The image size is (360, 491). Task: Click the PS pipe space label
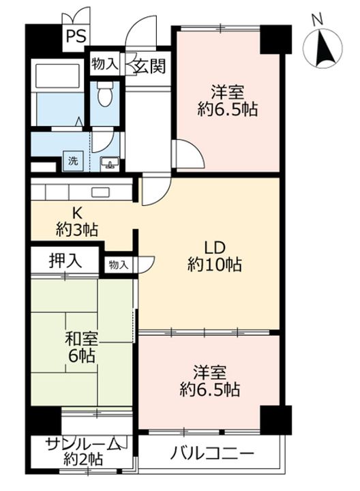[76, 36]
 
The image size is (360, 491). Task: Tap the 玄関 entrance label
[149, 66]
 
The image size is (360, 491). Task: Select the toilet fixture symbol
[104, 93]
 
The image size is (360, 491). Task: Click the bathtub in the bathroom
[57, 76]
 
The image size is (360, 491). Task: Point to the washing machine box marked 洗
[73, 161]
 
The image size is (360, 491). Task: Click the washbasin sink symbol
[110, 163]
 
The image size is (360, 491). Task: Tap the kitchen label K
[77, 213]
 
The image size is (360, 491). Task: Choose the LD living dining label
[215, 248]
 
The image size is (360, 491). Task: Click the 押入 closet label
[65, 261]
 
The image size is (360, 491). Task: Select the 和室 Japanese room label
[81, 339]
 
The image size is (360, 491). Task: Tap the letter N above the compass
[318, 20]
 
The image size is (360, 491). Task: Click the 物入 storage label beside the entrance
[104, 65]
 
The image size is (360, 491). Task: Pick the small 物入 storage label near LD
[119, 265]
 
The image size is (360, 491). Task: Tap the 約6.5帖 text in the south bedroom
[210, 390]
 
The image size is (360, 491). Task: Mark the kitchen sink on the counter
[100, 192]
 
